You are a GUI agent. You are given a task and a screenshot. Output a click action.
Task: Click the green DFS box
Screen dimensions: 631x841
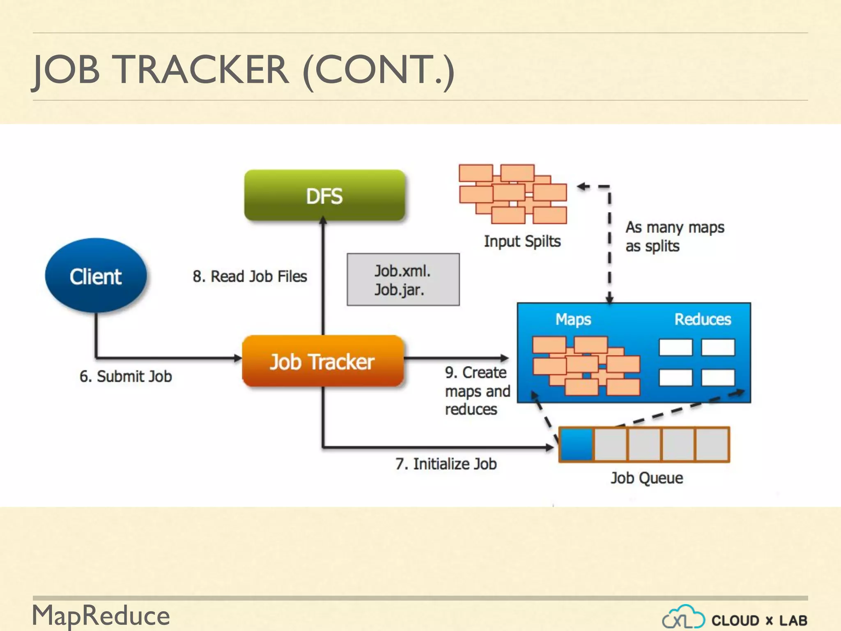point(324,196)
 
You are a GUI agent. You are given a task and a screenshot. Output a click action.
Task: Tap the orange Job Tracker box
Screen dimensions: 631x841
point(323,362)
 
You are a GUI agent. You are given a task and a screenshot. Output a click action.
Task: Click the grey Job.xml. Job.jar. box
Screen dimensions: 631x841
point(403,280)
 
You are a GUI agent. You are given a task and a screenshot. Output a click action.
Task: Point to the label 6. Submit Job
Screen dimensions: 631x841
point(126,376)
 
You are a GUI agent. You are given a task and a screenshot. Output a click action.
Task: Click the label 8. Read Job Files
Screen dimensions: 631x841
point(250,276)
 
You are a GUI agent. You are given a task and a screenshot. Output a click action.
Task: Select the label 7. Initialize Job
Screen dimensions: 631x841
point(446,464)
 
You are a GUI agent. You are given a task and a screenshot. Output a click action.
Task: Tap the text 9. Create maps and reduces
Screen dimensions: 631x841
point(477,391)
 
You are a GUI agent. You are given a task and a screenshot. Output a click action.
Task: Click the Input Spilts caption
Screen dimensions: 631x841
point(522,241)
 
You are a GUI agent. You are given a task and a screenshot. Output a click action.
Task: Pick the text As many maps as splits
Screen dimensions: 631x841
point(674,237)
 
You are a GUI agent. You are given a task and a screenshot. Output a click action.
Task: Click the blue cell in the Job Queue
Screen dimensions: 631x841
point(577,444)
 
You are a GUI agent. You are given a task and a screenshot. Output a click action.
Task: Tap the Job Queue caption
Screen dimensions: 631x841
point(646,478)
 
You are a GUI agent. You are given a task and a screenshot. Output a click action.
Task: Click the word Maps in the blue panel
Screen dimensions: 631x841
point(573,319)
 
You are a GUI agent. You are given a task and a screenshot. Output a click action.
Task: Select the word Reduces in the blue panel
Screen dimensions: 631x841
point(703,319)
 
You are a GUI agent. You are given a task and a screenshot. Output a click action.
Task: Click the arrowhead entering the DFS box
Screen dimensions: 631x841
point(323,220)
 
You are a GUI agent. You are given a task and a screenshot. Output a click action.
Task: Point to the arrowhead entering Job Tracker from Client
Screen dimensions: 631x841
point(238,358)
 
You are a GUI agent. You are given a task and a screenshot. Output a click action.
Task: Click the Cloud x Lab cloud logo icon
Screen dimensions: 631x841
point(683,617)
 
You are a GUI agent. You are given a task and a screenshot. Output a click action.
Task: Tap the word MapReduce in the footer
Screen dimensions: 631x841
point(101,615)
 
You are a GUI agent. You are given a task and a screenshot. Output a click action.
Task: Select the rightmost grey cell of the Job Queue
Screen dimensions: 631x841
point(712,444)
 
